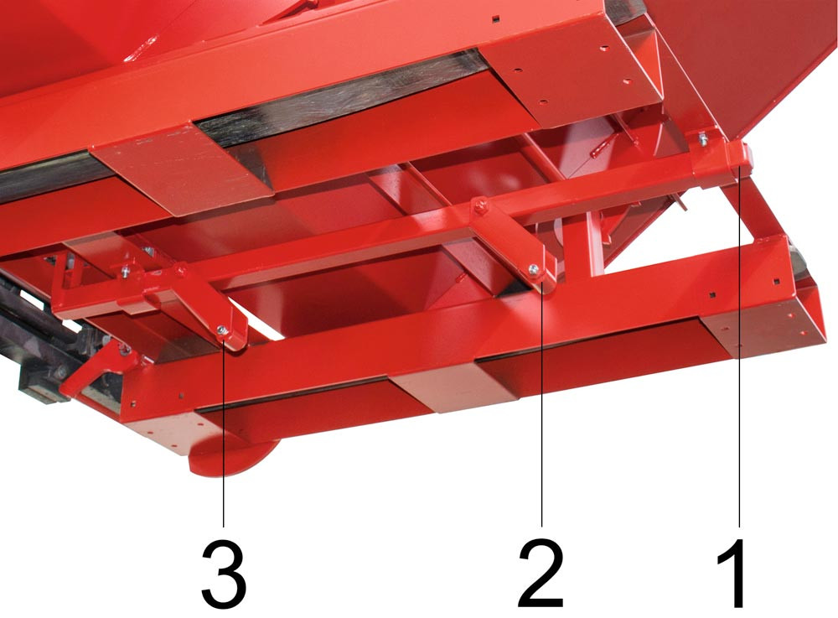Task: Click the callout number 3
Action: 224,574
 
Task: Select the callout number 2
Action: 541,574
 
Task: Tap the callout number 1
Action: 732,574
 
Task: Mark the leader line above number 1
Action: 739,346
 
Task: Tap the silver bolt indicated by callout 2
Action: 533,269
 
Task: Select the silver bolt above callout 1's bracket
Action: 703,140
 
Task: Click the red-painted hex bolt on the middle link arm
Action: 480,205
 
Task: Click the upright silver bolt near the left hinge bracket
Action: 125,271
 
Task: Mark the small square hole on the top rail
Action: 496,19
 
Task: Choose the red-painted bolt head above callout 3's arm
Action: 181,270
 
